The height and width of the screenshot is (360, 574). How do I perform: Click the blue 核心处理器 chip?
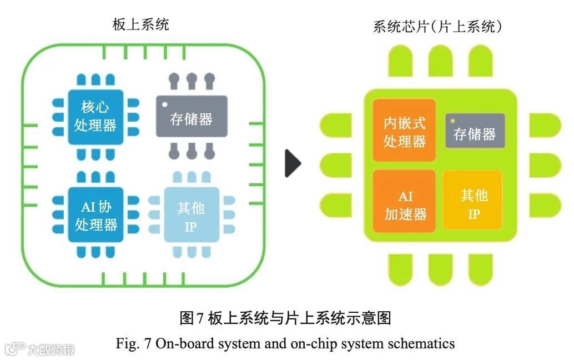point(95,117)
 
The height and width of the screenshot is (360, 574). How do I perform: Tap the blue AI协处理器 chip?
point(95,214)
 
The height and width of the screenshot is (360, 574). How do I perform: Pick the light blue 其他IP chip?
point(191,216)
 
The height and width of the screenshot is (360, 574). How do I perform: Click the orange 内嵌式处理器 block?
point(404,131)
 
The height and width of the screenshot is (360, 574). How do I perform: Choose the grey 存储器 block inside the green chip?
point(475,132)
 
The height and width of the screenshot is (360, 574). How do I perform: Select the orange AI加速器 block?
point(405,205)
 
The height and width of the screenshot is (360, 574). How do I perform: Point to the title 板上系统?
point(140,24)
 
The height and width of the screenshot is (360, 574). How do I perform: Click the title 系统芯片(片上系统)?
point(438,26)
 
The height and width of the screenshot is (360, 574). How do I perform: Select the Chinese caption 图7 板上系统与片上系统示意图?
point(286,318)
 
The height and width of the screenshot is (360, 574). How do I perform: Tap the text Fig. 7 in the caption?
point(134,344)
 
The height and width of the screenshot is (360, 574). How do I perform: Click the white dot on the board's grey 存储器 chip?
point(164,104)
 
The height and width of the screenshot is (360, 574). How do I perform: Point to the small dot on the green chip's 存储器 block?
point(452,121)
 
